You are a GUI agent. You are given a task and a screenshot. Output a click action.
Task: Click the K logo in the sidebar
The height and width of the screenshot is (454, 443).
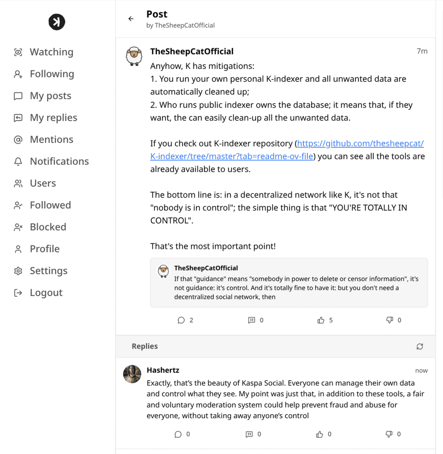coord(57,22)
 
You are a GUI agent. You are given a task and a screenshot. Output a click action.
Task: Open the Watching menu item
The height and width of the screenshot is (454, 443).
coord(51,52)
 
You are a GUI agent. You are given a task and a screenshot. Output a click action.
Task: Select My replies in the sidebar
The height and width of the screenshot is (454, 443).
coord(53,118)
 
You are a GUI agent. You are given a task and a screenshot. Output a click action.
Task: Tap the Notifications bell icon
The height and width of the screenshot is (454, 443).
coord(18,161)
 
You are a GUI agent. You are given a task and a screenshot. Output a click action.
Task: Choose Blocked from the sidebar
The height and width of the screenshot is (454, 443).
coord(48,227)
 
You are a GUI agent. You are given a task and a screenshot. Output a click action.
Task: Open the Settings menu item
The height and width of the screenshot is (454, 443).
coord(49,271)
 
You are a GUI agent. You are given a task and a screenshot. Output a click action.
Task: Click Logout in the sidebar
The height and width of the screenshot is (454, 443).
coord(46,293)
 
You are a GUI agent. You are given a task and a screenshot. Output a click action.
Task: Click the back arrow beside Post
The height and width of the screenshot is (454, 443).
coord(131,19)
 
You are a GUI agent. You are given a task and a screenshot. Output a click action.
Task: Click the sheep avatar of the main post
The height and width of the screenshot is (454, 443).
coord(134,56)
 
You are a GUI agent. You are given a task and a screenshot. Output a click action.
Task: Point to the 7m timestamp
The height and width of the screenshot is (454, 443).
coord(422,51)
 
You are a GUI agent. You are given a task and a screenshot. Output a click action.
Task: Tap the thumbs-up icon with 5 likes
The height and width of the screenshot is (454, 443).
coord(321,320)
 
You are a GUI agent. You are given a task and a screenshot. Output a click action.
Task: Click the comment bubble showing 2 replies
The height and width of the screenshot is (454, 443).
coord(181,320)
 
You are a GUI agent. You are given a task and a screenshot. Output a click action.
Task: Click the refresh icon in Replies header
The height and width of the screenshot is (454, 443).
coord(420,346)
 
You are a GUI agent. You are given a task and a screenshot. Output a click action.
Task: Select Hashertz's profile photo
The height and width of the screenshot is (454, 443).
coord(132,374)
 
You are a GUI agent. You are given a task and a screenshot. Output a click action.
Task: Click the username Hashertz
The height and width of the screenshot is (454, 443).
coord(163,370)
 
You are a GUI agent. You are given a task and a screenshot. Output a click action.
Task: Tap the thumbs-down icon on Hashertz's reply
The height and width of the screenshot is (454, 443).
coord(389,434)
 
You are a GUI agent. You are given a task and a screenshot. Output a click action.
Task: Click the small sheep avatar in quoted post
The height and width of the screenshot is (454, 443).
coord(163,271)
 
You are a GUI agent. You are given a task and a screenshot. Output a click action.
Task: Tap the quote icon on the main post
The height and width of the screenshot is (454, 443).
coord(252,320)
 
